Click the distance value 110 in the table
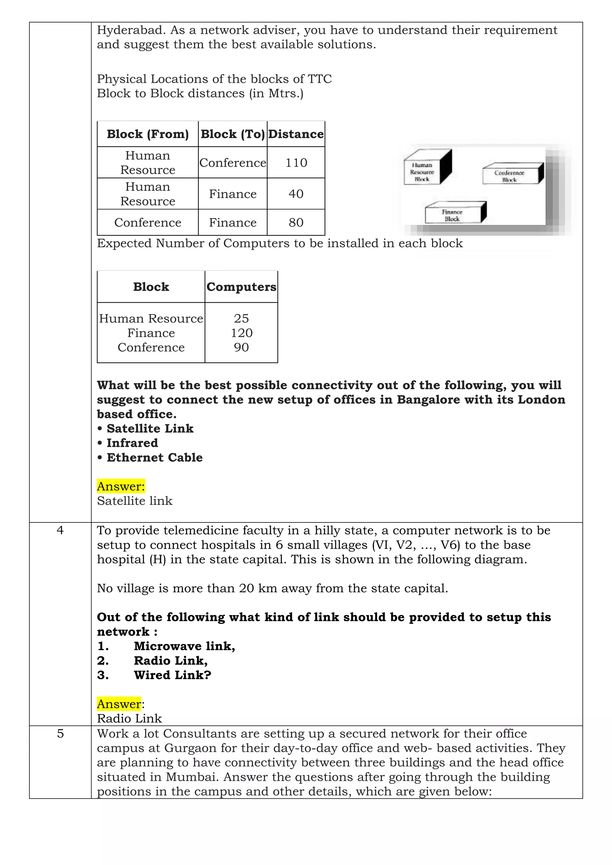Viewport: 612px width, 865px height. pyautogui.click(x=296, y=163)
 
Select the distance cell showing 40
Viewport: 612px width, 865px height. pyautogui.click(x=296, y=194)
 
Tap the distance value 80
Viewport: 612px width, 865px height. pyautogui.click(x=296, y=223)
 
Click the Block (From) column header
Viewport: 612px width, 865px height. pyautogui.click(x=148, y=134)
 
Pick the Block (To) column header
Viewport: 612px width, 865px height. pyautogui.click(x=232, y=134)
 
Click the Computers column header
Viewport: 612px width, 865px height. pyautogui.click(x=241, y=287)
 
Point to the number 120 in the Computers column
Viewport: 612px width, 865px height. pyautogui.click(x=241, y=333)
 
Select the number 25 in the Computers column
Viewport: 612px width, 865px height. pyautogui.click(x=241, y=319)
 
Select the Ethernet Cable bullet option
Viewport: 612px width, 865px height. pyautogui.click(x=154, y=458)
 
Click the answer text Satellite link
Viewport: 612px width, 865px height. pyautogui.click(x=134, y=501)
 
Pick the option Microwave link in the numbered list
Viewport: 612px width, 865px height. pyautogui.click(x=184, y=646)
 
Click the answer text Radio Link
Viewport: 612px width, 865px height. pyautogui.click(x=129, y=719)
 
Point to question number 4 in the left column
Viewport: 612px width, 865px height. pyautogui.click(x=60, y=531)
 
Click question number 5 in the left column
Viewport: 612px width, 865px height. pyautogui.click(x=60, y=734)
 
